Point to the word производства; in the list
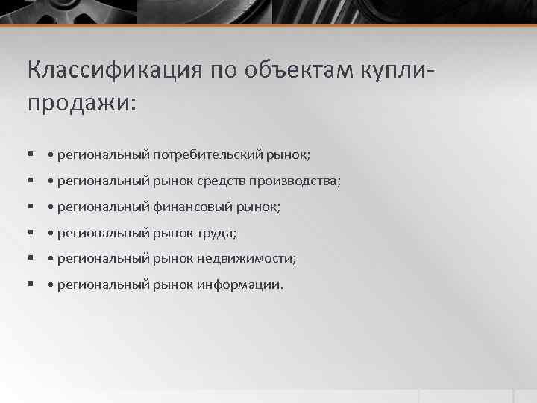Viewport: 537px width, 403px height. coord(295,181)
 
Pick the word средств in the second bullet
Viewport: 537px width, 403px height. coord(222,181)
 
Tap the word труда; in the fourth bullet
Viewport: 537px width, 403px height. coord(217,233)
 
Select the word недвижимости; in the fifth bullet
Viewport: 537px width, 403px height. coord(246,258)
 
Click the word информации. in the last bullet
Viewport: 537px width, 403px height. coord(240,284)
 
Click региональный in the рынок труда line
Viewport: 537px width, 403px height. coord(104,233)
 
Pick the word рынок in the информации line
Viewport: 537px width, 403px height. coord(174,284)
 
